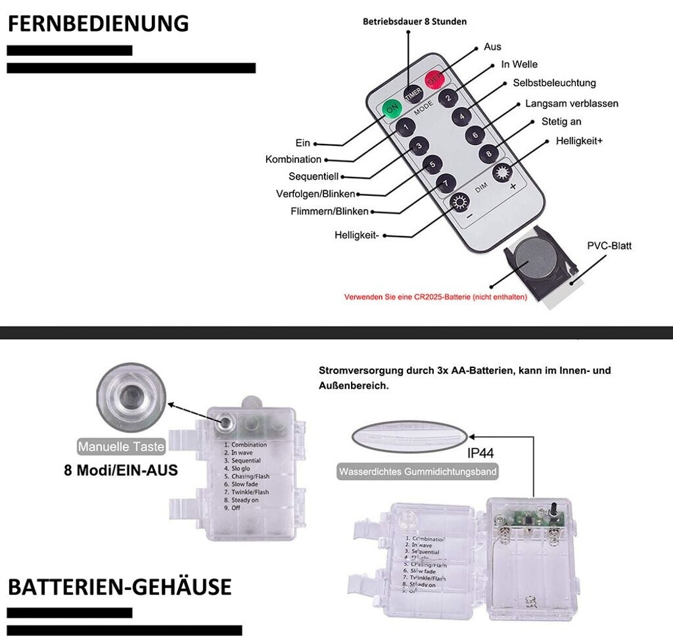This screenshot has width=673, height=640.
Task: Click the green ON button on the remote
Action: [x=392, y=107]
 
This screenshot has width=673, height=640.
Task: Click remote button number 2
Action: [x=449, y=99]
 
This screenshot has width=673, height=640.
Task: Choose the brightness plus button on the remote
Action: [x=503, y=173]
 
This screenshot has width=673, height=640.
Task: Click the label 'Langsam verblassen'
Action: [x=571, y=104]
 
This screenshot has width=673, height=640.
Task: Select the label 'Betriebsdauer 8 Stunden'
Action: [x=415, y=22]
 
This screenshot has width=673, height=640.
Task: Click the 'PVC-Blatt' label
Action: [x=609, y=246]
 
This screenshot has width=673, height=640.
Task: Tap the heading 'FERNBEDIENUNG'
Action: [x=98, y=24]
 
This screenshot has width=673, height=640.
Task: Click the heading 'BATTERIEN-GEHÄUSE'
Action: [x=120, y=586]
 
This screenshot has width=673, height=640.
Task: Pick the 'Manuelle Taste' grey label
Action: [x=121, y=447]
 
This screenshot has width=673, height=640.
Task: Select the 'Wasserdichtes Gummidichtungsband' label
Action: [x=417, y=472]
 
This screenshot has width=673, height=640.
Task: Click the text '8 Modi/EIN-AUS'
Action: [x=121, y=470]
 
